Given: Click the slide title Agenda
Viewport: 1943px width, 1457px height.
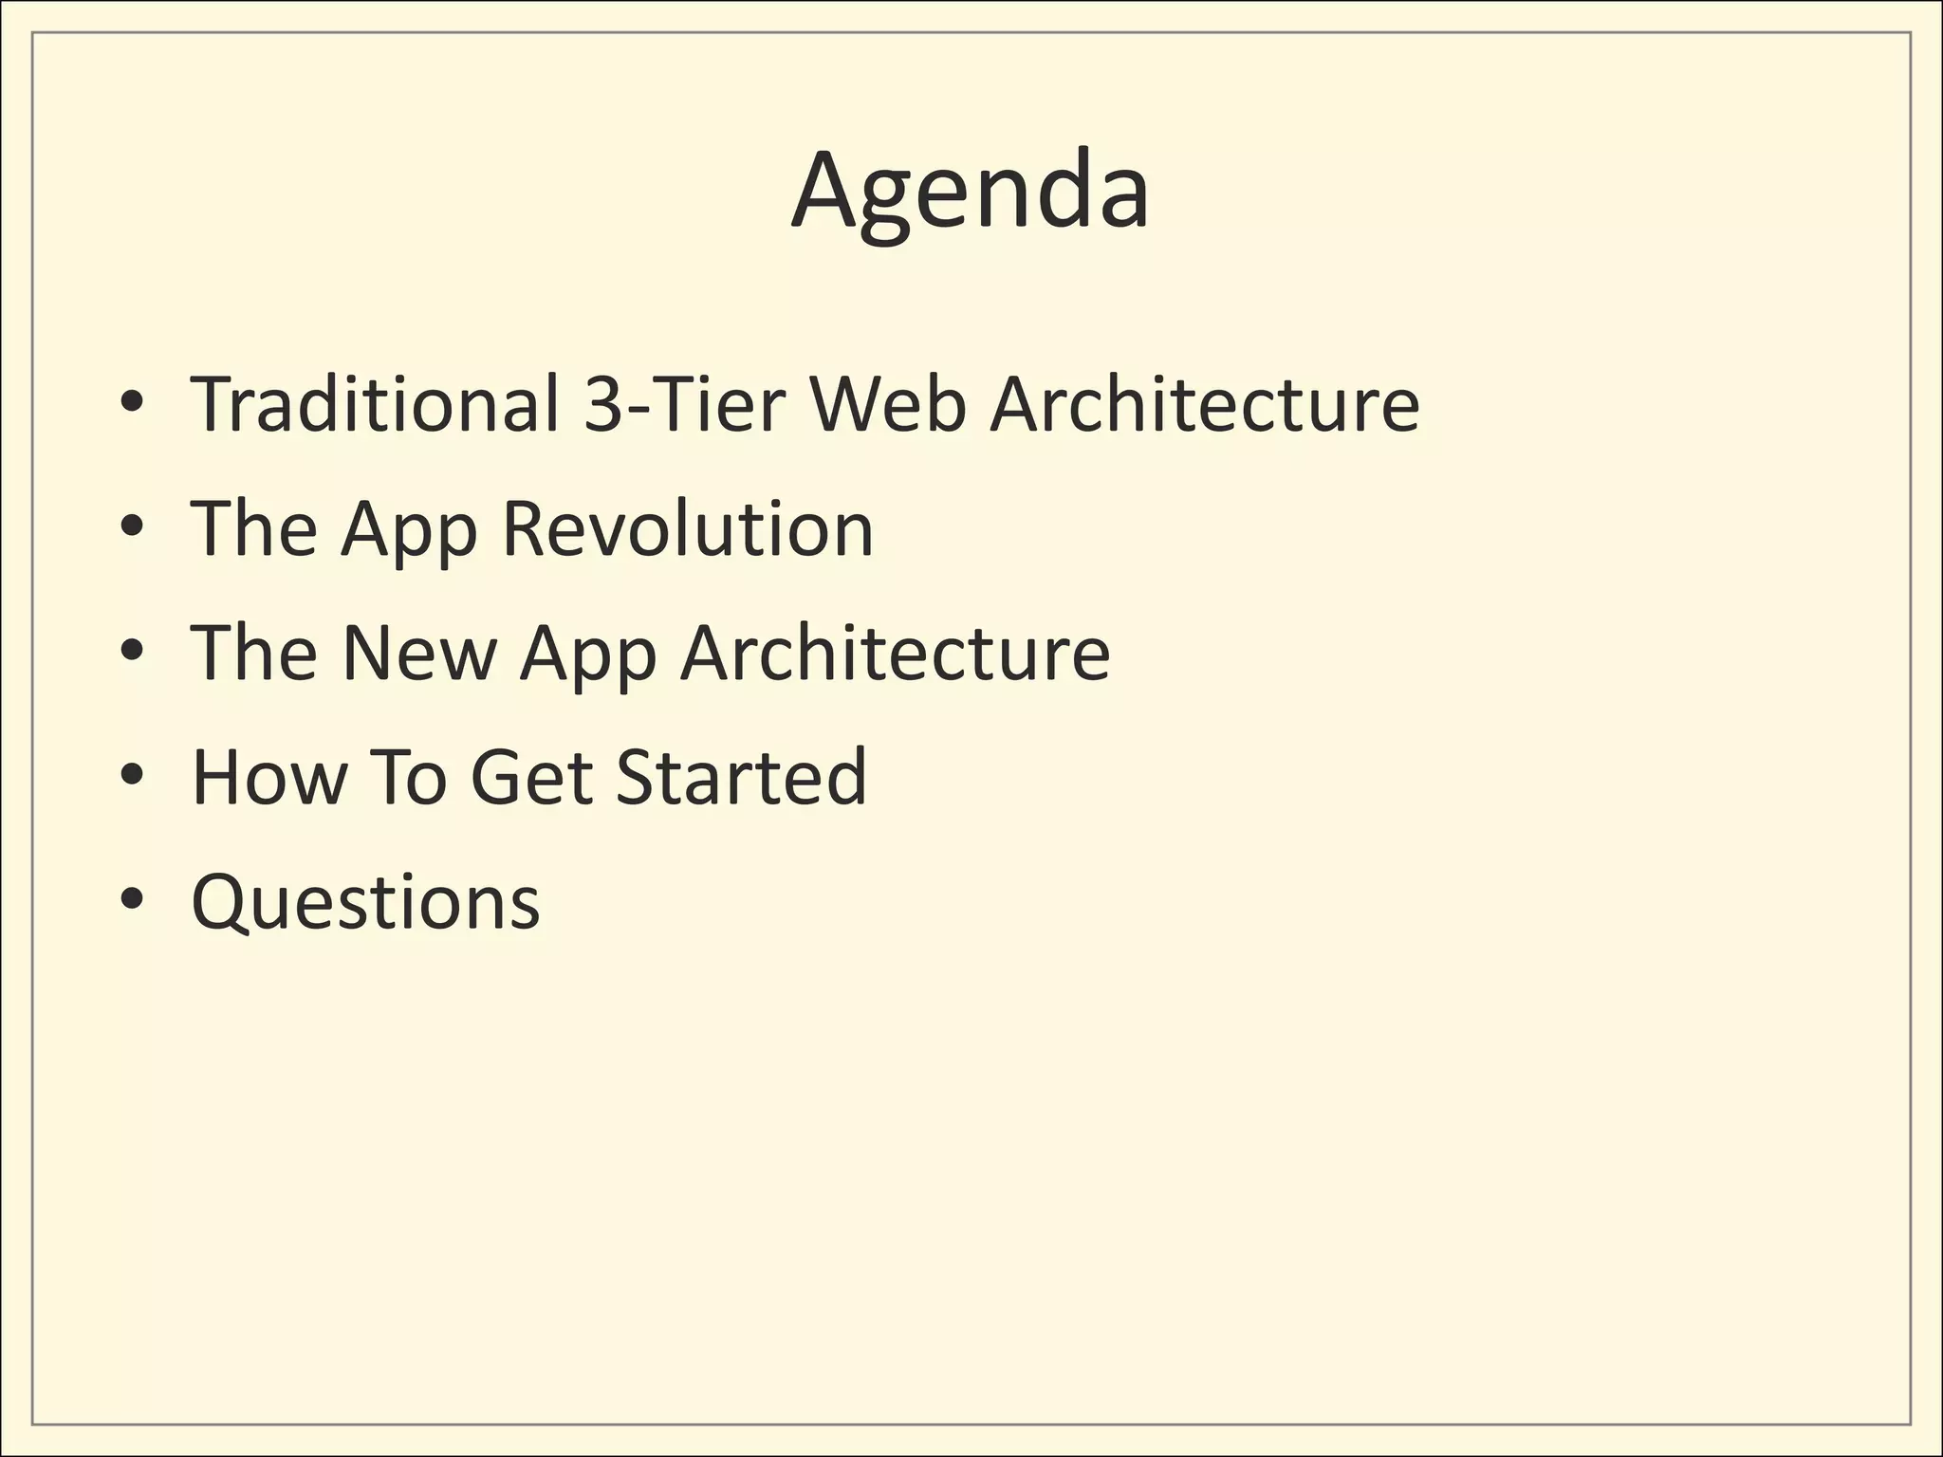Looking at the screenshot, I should [x=971, y=193].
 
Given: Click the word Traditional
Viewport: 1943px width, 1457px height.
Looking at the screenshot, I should [x=375, y=404].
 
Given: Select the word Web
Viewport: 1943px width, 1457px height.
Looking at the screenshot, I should [x=886, y=404].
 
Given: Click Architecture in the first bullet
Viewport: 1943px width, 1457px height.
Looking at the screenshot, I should [x=1204, y=404].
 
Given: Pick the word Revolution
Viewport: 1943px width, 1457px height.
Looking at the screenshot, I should [x=687, y=528].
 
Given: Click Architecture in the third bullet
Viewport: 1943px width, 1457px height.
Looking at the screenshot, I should [x=895, y=653].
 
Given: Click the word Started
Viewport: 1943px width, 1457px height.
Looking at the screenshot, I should [x=741, y=777].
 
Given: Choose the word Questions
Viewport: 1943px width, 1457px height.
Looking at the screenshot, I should [x=365, y=903].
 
